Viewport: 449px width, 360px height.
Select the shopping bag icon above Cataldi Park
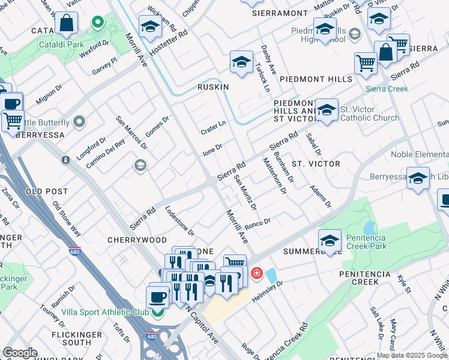pyautogui.click(x=66, y=24)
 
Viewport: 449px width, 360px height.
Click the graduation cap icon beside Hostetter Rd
pyautogui.click(x=150, y=27)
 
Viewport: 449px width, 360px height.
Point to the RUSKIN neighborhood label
pyautogui.click(x=214, y=87)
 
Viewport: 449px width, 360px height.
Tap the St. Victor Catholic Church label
pyautogui.click(x=369, y=113)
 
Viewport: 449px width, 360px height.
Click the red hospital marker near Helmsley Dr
pyautogui.click(x=257, y=274)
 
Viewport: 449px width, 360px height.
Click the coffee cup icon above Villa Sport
pyautogui.click(x=158, y=296)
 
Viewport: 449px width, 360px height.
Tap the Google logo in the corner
pyautogui.click(x=20, y=353)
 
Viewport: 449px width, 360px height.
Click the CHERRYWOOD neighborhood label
pyautogui.click(x=137, y=240)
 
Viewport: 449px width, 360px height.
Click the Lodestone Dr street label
pyautogui.click(x=180, y=221)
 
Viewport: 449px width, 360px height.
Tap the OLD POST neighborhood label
pyautogui.click(x=47, y=191)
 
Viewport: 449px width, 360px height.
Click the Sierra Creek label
pyautogui.click(x=389, y=89)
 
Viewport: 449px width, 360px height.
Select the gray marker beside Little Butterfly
pyautogui.click(x=79, y=123)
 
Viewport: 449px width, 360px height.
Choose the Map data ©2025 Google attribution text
pyautogui.click(x=412, y=355)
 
